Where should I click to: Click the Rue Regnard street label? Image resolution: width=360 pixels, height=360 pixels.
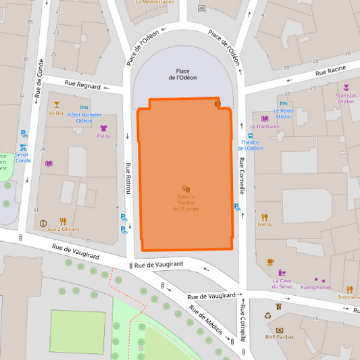[82, 85]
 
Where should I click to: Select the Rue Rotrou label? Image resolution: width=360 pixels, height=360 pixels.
[127, 178]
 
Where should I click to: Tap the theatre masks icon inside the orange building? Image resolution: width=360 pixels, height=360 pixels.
[186, 189]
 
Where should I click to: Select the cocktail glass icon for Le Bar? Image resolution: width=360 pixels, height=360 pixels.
[57, 105]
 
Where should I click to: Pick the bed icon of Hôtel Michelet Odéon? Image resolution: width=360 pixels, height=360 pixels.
[84, 107]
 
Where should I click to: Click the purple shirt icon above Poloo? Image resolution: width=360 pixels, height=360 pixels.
[103, 128]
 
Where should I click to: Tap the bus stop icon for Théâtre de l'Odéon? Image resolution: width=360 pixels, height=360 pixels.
[251, 135]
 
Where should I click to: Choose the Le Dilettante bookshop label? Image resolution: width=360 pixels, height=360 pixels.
[268, 126]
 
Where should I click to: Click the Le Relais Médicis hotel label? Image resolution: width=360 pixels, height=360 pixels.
[283, 113]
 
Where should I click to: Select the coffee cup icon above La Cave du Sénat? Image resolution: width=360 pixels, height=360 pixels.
[270, 261]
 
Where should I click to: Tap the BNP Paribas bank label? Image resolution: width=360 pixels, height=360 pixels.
[280, 336]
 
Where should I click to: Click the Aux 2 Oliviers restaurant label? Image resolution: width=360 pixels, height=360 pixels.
[63, 229]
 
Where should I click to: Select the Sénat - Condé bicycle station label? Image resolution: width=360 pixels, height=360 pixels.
[23, 157]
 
